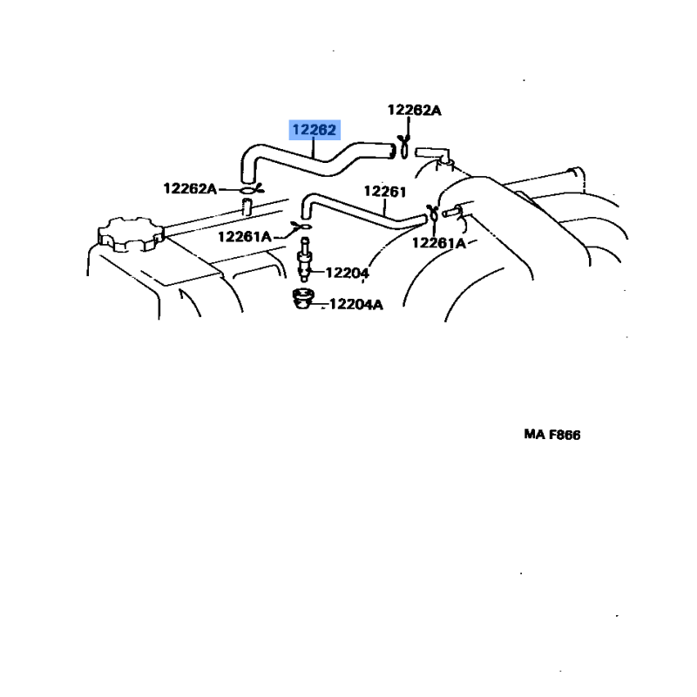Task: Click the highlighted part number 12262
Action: pyautogui.click(x=315, y=130)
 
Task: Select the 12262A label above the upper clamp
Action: pyautogui.click(x=415, y=110)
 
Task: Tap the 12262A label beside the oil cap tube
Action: pyautogui.click(x=190, y=188)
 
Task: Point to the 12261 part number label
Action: pyautogui.click(x=385, y=192)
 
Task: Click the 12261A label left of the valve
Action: pyautogui.click(x=245, y=236)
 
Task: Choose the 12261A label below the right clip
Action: pyautogui.click(x=439, y=243)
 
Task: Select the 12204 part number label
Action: pyautogui.click(x=347, y=273)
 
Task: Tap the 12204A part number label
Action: pyautogui.click(x=356, y=304)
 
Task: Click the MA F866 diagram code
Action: pyautogui.click(x=552, y=434)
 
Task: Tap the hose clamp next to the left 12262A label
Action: pyautogui.click(x=251, y=190)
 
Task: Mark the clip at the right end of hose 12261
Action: pyautogui.click(x=432, y=213)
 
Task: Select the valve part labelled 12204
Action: pyautogui.click(x=304, y=260)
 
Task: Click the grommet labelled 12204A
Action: pyautogui.click(x=302, y=298)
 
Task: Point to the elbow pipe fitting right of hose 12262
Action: pyautogui.click(x=433, y=156)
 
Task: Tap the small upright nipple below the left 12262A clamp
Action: pyautogui.click(x=247, y=207)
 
